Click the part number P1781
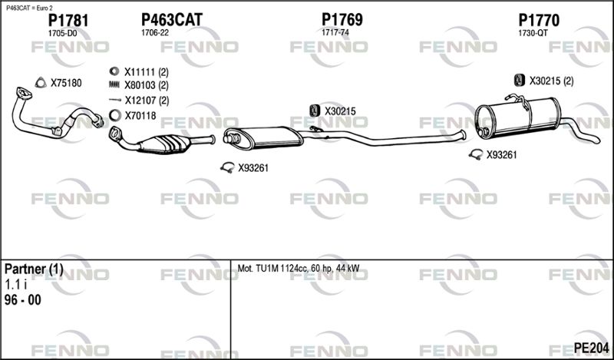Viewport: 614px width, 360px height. (68, 21)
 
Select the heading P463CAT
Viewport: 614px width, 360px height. (171, 20)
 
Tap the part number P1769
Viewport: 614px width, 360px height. (342, 20)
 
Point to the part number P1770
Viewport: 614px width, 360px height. (539, 21)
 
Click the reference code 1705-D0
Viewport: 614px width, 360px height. (62, 34)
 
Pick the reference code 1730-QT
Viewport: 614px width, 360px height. (533, 33)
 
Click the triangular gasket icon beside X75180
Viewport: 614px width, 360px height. (41, 83)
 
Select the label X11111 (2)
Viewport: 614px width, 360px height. (147, 72)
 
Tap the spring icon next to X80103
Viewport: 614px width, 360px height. (114, 84)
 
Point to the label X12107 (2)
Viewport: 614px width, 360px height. (147, 101)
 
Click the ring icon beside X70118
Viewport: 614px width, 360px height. (114, 116)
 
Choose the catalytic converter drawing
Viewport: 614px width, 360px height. (161, 140)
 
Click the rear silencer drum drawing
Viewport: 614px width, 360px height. (517, 117)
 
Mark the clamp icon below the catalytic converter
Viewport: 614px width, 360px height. (227, 167)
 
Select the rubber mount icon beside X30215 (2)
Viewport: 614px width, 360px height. (519, 81)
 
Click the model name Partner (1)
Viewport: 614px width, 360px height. (34, 269)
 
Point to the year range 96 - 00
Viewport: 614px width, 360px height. (23, 300)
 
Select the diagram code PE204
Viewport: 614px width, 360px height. (591, 348)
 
